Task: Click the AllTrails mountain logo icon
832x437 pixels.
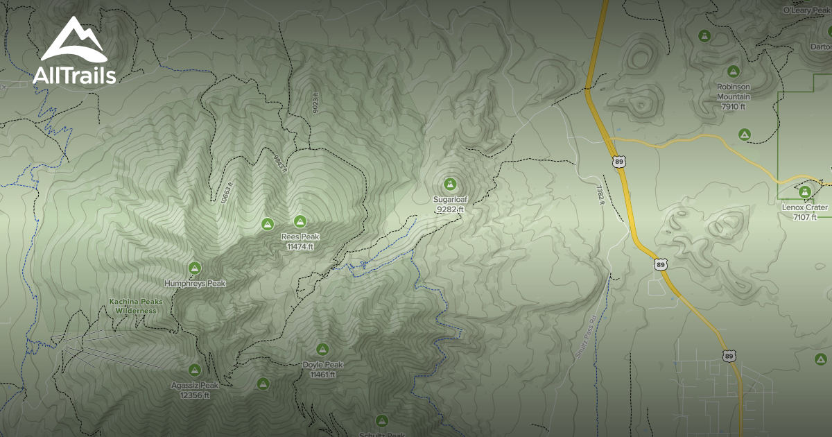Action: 73,40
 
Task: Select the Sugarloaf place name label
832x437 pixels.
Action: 451,199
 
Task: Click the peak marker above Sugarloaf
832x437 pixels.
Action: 451,184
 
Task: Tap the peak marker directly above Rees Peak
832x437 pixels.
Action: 300,221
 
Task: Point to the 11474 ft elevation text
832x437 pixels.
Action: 300,246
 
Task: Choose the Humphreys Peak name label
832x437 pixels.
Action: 195,284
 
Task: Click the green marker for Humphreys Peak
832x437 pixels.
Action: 195,268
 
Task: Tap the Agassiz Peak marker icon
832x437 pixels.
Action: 195,370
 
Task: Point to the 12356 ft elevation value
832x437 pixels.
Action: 195,395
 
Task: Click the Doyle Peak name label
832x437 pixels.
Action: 322,365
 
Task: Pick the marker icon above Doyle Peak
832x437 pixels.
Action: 322,349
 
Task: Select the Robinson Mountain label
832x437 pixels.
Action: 734,92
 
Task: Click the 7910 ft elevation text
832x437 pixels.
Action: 734,107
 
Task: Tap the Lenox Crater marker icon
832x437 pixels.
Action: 805,192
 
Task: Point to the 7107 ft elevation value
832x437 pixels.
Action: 805,216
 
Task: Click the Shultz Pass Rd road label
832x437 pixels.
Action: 585,339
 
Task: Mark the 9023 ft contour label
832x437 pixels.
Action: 315,103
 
